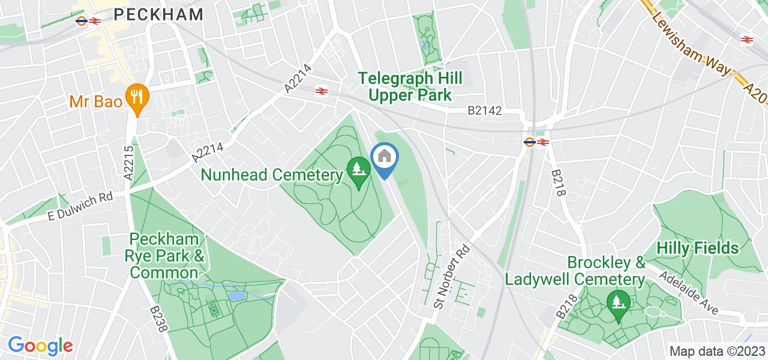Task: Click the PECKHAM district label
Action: click(158, 14)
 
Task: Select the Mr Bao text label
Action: click(96, 101)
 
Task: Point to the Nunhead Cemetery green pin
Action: click(358, 172)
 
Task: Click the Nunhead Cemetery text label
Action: click(272, 175)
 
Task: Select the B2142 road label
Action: click(485, 111)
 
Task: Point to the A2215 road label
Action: click(128, 161)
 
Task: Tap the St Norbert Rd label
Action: click(451, 270)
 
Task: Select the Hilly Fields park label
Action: click(698, 248)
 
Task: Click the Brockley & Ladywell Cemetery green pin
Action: click(618, 303)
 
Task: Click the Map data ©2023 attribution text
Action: click(717, 351)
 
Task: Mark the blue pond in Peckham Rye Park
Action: click(236, 295)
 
